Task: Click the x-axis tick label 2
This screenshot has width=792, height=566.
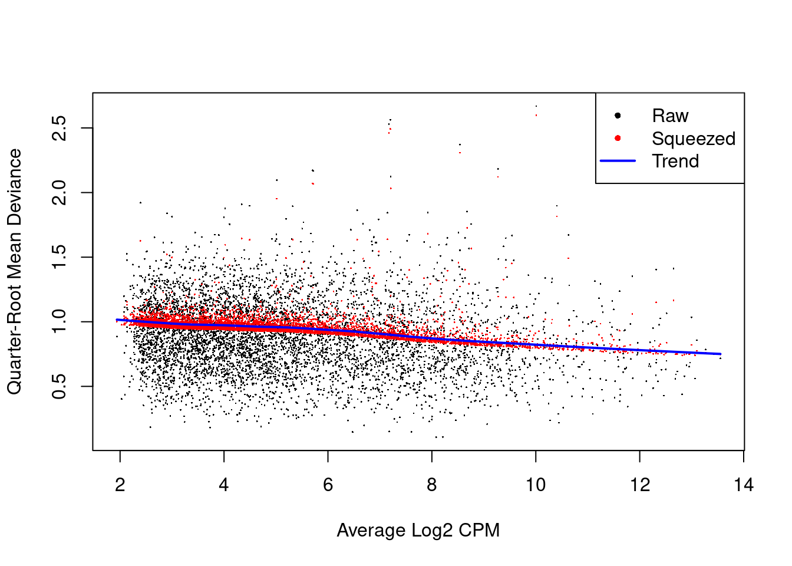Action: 120,485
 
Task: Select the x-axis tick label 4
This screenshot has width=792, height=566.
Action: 224,485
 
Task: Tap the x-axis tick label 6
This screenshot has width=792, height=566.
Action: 328,485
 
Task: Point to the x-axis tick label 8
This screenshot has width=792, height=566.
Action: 432,485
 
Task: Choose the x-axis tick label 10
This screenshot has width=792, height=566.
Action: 536,485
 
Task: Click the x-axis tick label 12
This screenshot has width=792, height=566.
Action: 640,485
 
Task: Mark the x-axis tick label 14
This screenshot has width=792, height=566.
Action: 744,485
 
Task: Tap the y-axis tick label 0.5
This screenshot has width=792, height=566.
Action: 60,386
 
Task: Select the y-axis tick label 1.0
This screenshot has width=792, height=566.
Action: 60,322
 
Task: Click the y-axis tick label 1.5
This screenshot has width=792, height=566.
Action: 60,257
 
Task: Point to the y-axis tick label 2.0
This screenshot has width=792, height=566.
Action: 60,193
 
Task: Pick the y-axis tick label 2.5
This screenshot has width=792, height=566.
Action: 60,128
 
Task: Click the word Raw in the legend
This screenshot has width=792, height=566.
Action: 670,116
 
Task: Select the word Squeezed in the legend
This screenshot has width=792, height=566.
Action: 694,139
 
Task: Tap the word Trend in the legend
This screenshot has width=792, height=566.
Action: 675,161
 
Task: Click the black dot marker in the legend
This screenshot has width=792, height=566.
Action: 618,116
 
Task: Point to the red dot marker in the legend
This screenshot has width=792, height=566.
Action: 618,139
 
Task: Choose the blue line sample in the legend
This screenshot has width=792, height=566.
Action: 618,161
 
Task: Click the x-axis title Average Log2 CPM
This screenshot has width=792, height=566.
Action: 418,531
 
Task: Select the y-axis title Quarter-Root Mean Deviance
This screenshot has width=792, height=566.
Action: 14,271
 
